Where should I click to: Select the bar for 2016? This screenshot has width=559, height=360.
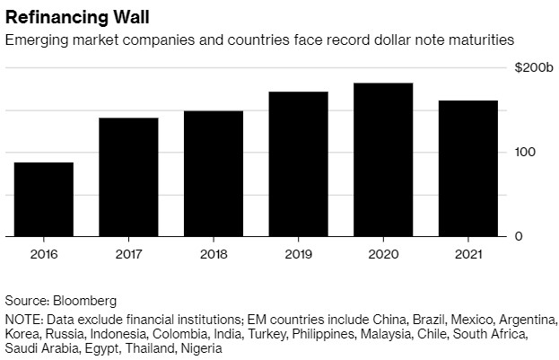(x=44, y=199)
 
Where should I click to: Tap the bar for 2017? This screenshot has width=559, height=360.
(x=129, y=177)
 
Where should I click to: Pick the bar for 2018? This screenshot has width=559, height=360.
(x=214, y=173)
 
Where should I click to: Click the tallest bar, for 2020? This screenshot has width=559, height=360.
(x=383, y=160)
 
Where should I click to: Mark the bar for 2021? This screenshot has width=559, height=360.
(x=467, y=169)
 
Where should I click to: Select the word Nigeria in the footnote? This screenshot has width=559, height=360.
(x=199, y=349)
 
